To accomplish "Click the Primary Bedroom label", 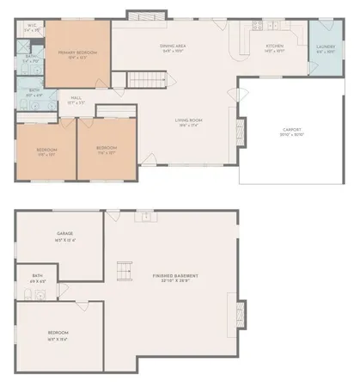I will tap(77, 52).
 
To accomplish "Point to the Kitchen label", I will tap(275, 45).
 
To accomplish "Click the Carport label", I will tap(292, 130).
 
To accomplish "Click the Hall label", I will tap(76, 98).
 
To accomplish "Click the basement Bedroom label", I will tap(58, 332).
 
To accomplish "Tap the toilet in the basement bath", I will tap(29, 296).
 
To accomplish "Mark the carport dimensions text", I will tap(292, 136).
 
